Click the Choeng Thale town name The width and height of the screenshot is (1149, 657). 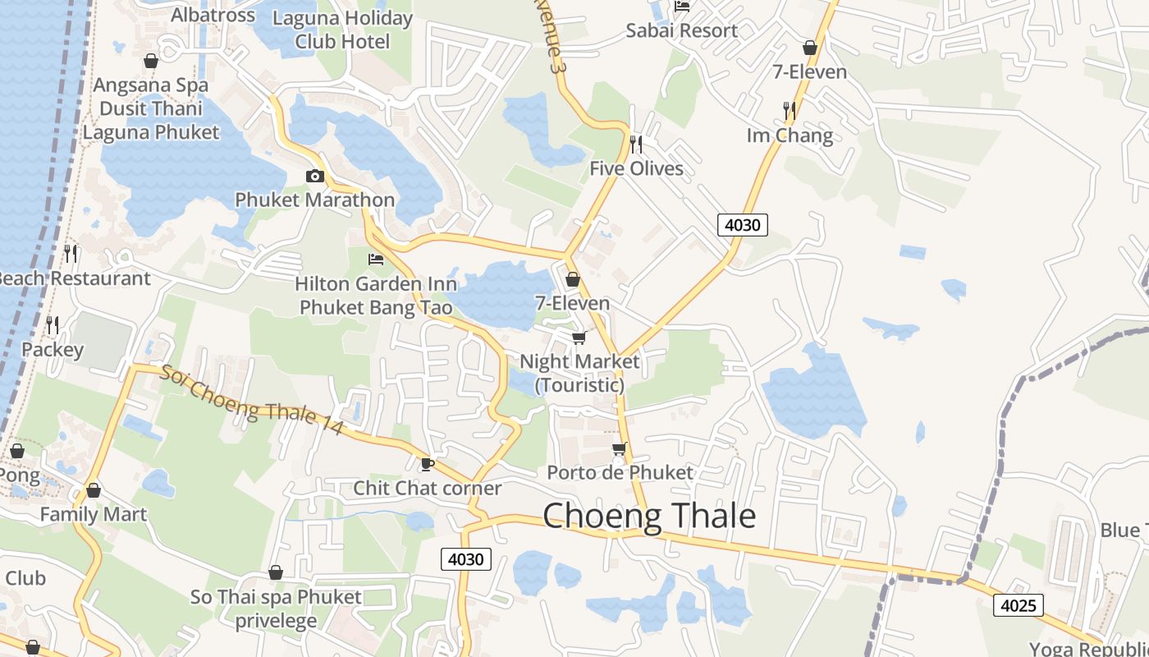(649, 516)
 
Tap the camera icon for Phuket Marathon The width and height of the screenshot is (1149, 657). (314, 176)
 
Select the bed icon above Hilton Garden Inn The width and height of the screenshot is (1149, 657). (376, 260)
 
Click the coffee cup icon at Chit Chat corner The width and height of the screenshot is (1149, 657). (427, 464)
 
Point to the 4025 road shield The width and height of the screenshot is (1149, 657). (1018, 606)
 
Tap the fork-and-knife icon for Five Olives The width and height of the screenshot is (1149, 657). (636, 144)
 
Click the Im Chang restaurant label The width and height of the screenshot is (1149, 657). (790, 136)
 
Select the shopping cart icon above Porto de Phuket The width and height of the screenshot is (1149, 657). (620, 448)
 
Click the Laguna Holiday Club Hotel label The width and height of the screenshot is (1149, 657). (342, 30)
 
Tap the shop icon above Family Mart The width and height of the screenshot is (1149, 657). (94, 490)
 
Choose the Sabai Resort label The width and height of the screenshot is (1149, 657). (681, 30)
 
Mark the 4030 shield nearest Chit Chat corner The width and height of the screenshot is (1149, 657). (466, 559)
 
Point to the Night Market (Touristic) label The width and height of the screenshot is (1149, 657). (579, 373)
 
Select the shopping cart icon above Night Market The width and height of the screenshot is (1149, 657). (579, 338)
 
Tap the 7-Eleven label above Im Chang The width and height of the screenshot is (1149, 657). (810, 71)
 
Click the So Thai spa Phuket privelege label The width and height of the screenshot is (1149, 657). (276, 609)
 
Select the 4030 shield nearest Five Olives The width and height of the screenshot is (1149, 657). (742, 224)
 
